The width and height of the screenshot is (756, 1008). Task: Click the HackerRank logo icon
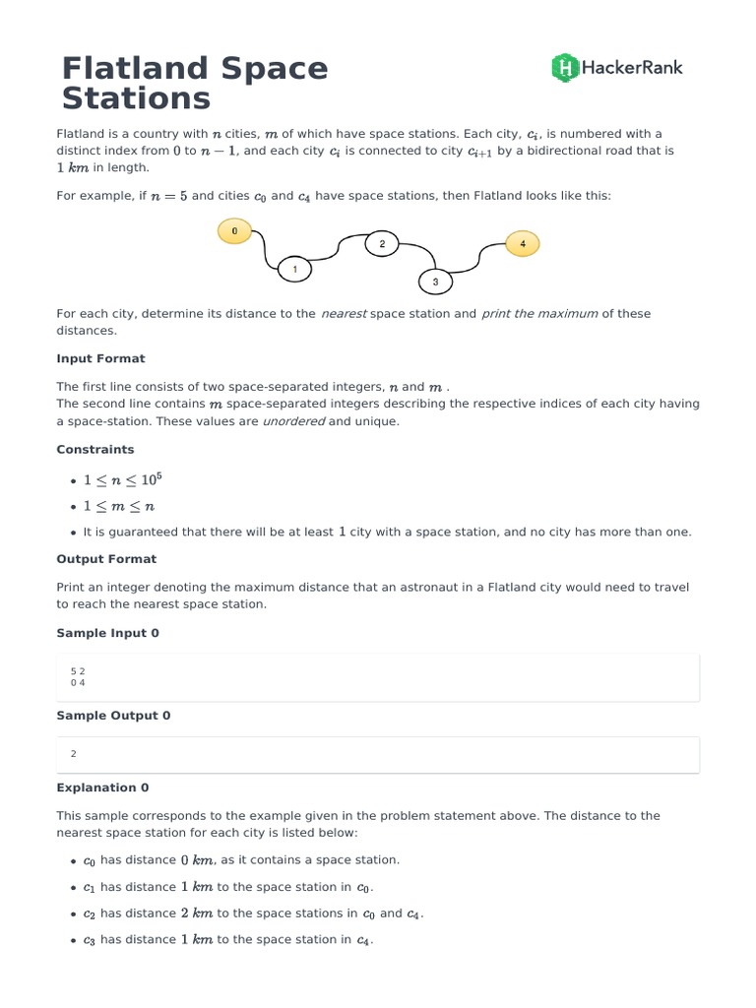pos(564,67)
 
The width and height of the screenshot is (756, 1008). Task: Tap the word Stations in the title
pos(136,98)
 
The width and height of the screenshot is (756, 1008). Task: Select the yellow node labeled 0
pos(234,231)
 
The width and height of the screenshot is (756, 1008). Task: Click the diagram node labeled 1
pos(295,268)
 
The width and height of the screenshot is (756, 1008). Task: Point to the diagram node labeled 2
pos(382,244)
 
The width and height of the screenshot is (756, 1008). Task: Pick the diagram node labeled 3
pos(435,283)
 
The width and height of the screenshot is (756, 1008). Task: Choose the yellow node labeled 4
pos(523,243)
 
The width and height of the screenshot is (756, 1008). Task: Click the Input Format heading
pos(100,358)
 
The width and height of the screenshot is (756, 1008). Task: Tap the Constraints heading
pos(95,449)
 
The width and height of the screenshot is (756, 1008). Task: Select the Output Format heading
pos(106,558)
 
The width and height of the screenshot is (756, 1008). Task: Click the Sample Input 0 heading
pos(107,633)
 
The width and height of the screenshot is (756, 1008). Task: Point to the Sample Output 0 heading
pos(113,716)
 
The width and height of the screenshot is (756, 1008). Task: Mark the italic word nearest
pos(344,314)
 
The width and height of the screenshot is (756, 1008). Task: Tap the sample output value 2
pos(74,754)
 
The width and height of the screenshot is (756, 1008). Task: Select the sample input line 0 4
pos(78,682)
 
